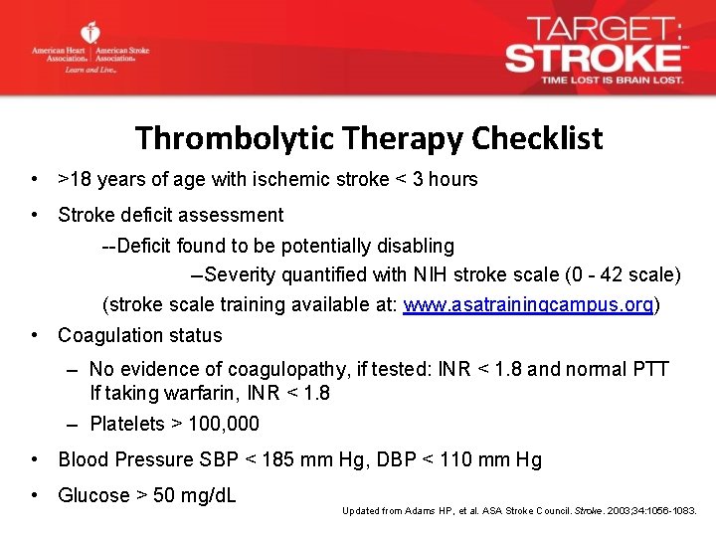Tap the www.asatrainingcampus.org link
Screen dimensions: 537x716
[x=529, y=304]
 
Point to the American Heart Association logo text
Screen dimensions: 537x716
[x=60, y=54]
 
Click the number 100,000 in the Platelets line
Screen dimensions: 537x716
[x=224, y=424]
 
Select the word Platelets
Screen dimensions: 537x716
[x=127, y=424]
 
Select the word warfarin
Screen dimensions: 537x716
[x=185, y=393]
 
